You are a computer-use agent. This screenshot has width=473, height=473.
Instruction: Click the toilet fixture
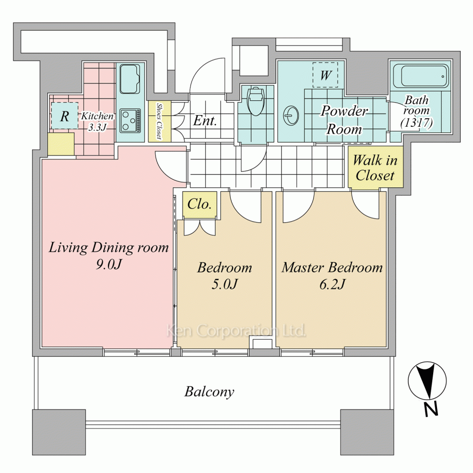[x=255, y=101]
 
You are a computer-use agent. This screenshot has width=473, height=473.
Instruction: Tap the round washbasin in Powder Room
[x=291, y=115]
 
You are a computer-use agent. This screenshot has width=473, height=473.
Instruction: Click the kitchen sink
[x=130, y=79]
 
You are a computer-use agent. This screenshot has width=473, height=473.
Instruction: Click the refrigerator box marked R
[x=64, y=115]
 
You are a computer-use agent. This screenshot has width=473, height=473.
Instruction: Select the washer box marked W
[x=325, y=75]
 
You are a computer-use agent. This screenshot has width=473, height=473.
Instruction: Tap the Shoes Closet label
[x=159, y=121]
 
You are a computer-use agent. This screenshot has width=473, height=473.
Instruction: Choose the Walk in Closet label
[x=375, y=168]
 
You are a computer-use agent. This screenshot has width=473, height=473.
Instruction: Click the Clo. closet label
[x=199, y=204]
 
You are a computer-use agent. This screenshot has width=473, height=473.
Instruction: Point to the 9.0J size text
[x=109, y=264]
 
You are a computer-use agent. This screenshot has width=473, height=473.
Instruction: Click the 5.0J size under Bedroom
[x=225, y=284]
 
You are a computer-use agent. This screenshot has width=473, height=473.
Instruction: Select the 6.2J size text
[x=332, y=284]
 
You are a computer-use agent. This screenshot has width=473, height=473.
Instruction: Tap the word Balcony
[x=209, y=392]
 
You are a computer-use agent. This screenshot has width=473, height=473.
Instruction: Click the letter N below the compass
[x=431, y=409]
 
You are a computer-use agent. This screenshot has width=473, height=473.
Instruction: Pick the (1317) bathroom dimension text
[x=417, y=123]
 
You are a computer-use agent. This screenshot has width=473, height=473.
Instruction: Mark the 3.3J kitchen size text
[x=97, y=127]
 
